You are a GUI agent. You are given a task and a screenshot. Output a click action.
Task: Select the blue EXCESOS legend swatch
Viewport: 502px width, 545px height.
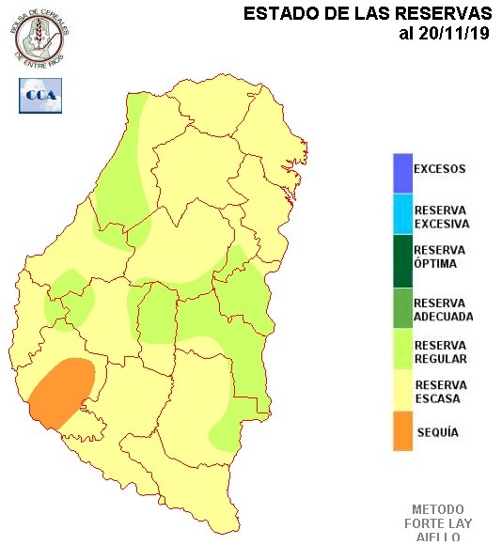[x=402, y=171]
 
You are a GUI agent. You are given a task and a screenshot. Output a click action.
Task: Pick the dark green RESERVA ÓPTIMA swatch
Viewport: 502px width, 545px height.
[x=402, y=257]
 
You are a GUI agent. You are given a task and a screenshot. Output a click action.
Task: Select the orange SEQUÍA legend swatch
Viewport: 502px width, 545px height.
[x=402, y=431]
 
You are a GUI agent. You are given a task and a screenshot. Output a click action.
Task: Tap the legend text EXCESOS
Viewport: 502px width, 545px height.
[x=440, y=170]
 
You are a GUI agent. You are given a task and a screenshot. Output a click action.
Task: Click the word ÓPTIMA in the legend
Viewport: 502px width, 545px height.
[x=435, y=264]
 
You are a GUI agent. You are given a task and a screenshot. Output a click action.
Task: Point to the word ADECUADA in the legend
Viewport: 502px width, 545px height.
[x=443, y=317]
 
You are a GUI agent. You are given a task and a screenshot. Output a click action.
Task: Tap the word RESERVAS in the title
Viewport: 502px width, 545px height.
[x=443, y=14]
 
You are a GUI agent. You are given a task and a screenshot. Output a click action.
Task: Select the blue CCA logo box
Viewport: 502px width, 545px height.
[x=39, y=95]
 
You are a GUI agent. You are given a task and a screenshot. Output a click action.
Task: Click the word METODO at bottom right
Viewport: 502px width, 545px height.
[x=438, y=509]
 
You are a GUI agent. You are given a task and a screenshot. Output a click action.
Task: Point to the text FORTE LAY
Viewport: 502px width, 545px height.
[x=438, y=523]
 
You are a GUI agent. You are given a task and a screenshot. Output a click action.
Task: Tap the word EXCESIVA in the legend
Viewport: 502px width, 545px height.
[x=441, y=225]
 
